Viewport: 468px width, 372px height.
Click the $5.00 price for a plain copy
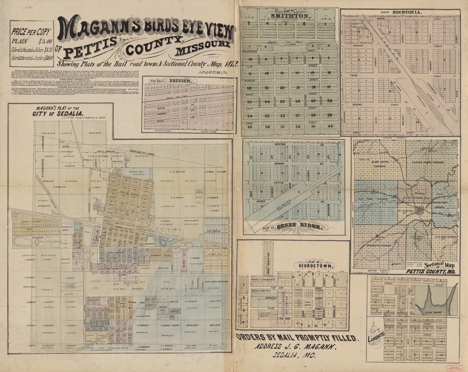(44, 42)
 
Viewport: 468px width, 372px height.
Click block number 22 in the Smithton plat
(250, 88)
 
